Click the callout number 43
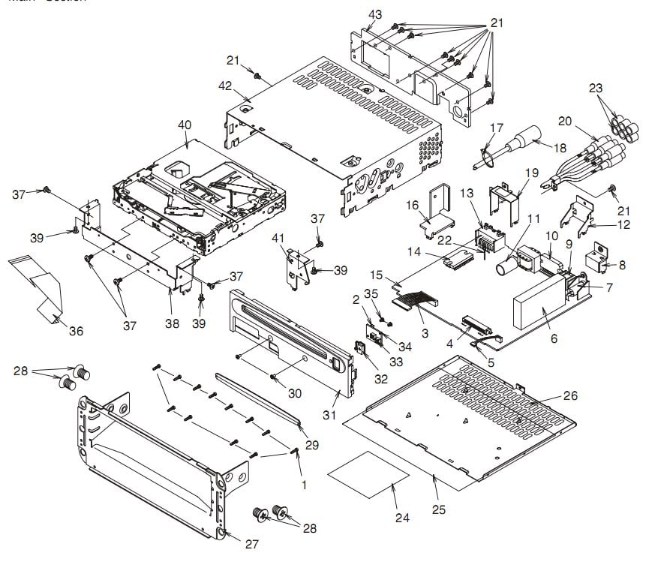coord(375,15)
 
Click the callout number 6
coord(553,339)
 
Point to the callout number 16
coord(433,205)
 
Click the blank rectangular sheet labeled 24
coord(370,474)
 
